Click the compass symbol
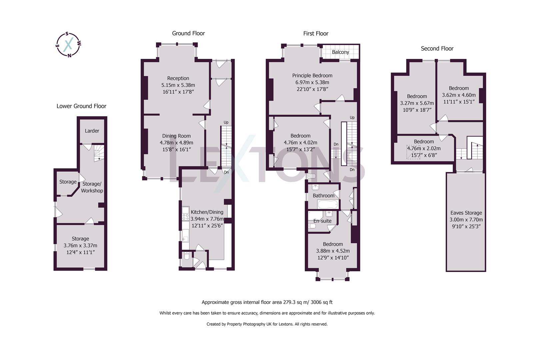pyautogui.click(x=68, y=44)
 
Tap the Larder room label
pyautogui.click(x=92, y=131)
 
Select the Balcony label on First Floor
pyautogui.click(x=340, y=52)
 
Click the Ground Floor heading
pyautogui.click(x=188, y=33)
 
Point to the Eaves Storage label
pyautogui.click(x=466, y=213)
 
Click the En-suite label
pyautogui.click(x=322, y=221)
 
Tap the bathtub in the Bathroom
pyautogui.click(x=328, y=204)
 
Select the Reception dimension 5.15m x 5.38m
pyautogui.click(x=178, y=85)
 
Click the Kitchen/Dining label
pyautogui.click(x=207, y=212)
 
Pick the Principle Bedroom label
pyautogui.click(x=312, y=75)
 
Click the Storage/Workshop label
pyautogui.click(x=92, y=187)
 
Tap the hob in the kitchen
pyautogui.click(x=185, y=214)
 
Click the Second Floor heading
pyautogui.click(x=437, y=49)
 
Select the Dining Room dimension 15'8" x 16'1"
pyautogui.click(x=176, y=149)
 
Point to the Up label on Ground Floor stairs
pyautogui.click(x=226, y=122)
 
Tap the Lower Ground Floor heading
pyautogui.click(x=81, y=106)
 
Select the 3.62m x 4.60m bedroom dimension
pyautogui.click(x=459, y=95)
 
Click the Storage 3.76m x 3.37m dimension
pyautogui.click(x=80, y=245)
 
